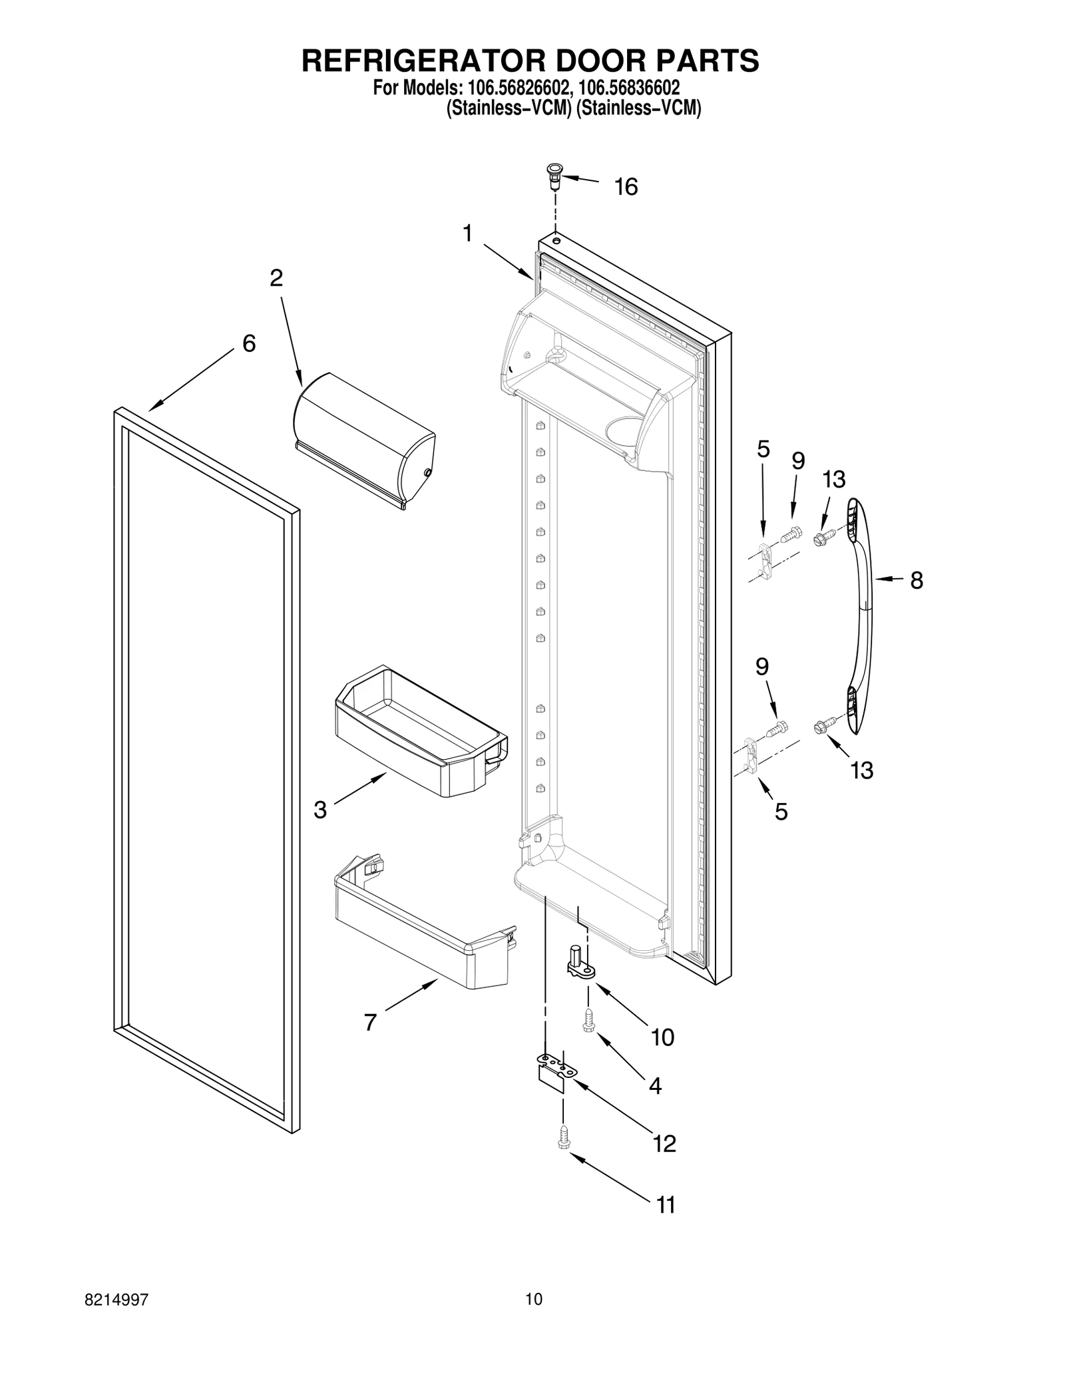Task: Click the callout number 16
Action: [x=626, y=188]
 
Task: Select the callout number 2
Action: [x=276, y=278]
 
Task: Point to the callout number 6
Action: [x=248, y=344]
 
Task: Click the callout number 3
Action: [x=320, y=810]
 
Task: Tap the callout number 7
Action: [x=371, y=1022]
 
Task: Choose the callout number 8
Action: [x=917, y=581]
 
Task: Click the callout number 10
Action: [x=662, y=1037]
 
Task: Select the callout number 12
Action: [x=664, y=1144]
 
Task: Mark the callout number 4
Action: [x=655, y=1087]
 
